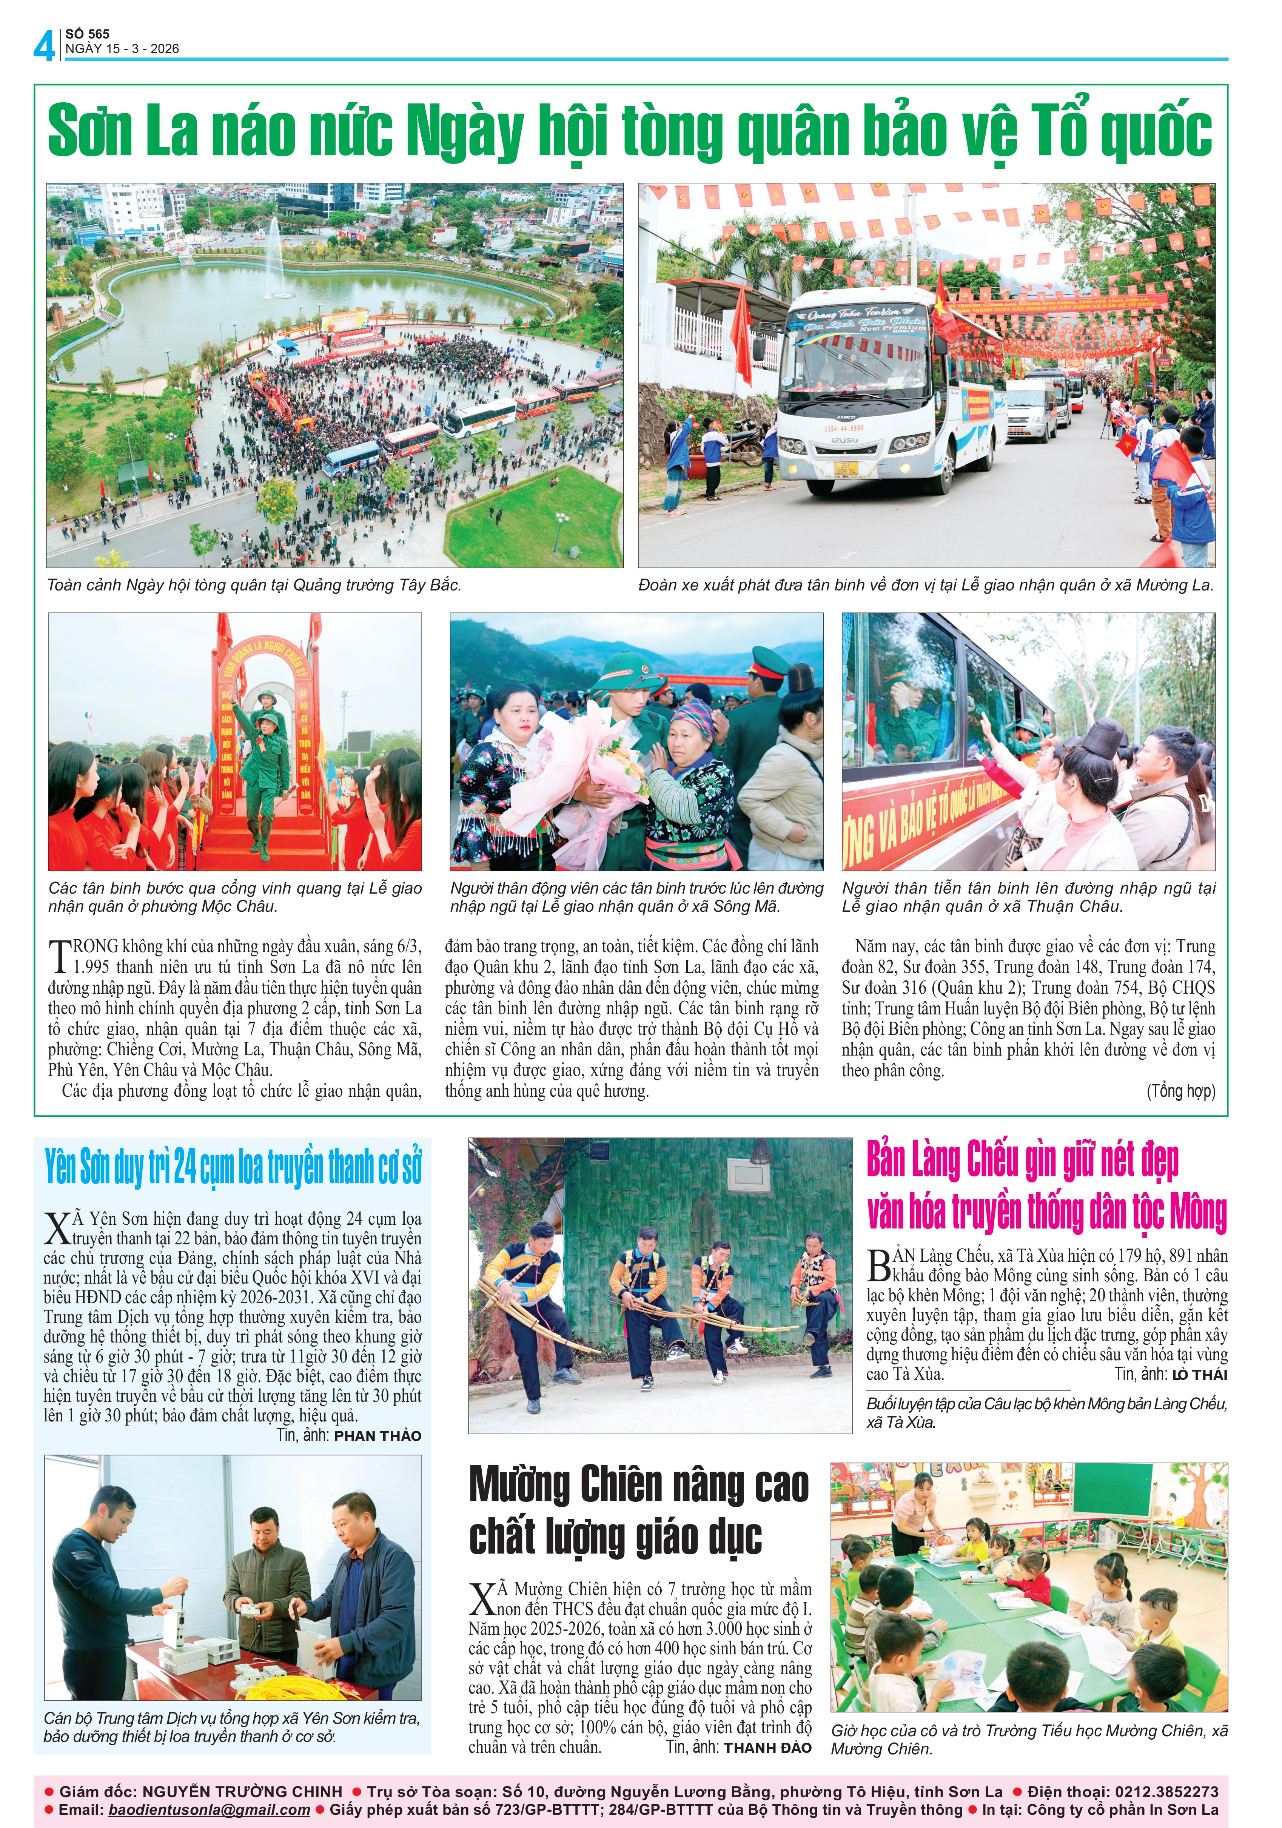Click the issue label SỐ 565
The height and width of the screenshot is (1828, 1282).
88,34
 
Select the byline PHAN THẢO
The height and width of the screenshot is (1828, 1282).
378,1435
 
